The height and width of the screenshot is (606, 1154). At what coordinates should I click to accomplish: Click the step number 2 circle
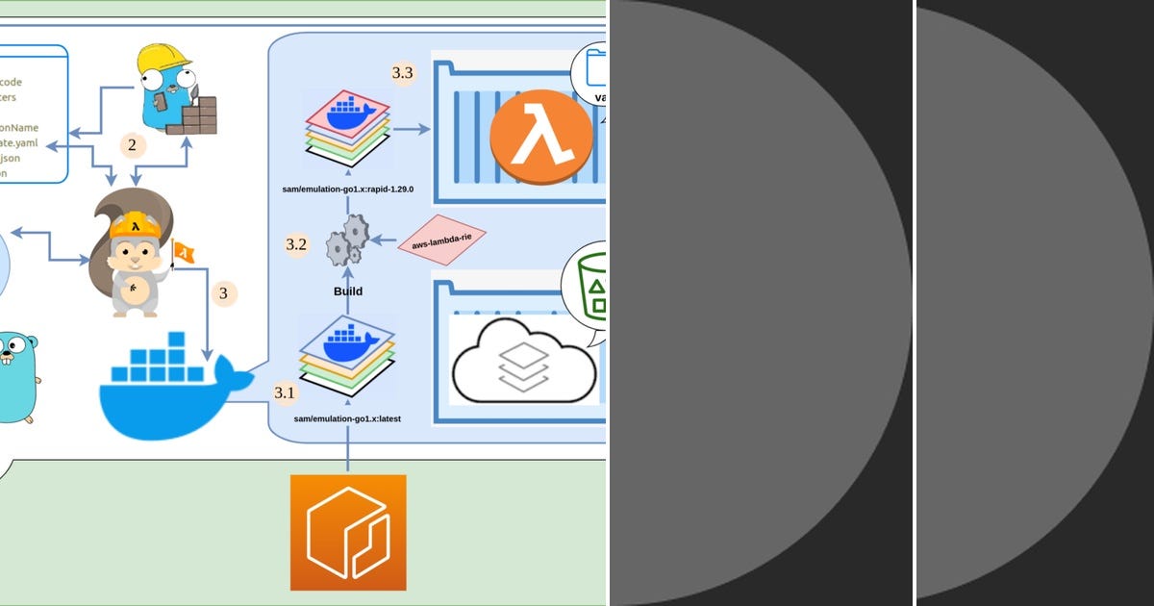(133, 145)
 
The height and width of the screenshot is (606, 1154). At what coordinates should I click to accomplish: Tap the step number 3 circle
(223, 293)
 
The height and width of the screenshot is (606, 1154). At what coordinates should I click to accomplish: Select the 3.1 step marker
(286, 392)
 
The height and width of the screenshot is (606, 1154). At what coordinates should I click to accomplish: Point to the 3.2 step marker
(296, 244)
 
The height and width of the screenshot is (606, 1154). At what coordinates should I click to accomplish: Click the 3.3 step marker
(403, 73)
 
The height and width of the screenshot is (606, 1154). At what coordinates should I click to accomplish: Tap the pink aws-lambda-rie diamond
(441, 240)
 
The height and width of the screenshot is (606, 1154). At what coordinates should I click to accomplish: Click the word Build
(347, 290)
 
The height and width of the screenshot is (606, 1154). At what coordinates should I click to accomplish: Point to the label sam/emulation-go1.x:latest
(347, 419)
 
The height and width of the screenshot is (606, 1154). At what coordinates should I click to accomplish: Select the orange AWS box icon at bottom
(348, 532)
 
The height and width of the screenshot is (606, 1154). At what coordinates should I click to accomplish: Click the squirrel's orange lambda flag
(183, 253)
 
